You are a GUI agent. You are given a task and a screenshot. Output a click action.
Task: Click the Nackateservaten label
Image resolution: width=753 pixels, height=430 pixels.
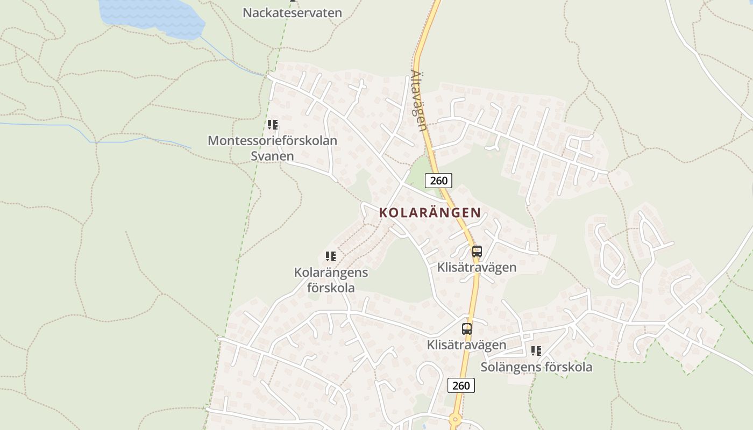(x=292, y=12)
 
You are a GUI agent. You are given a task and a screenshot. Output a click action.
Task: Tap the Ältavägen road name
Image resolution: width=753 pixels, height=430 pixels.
(x=419, y=101)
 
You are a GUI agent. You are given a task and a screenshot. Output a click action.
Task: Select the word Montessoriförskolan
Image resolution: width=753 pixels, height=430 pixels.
(x=272, y=141)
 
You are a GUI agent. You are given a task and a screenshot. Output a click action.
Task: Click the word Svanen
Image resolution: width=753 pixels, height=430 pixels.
(x=272, y=156)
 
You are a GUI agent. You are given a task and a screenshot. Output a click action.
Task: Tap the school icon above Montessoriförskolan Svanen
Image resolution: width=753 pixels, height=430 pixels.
(x=273, y=125)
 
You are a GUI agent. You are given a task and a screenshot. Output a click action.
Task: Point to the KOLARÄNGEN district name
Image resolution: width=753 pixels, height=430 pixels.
(x=430, y=212)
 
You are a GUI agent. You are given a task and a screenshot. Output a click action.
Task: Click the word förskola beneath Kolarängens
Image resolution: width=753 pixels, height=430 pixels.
(x=331, y=288)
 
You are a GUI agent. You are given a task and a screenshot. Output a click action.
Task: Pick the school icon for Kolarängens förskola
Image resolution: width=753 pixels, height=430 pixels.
(x=331, y=256)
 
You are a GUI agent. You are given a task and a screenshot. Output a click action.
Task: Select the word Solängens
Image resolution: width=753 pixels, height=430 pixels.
(x=510, y=367)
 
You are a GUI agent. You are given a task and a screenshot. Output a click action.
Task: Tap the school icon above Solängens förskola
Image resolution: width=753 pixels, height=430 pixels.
(x=536, y=351)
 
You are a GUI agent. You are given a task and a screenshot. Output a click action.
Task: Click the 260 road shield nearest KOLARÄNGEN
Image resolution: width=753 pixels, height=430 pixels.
(x=438, y=181)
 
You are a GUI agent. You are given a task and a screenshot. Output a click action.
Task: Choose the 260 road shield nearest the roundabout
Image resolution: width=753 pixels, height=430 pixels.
(x=461, y=385)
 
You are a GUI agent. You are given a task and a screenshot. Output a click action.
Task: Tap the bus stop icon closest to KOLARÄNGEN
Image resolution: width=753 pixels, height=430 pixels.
(x=477, y=252)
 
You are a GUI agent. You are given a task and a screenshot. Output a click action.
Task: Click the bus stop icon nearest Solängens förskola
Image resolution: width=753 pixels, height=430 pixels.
(x=467, y=329)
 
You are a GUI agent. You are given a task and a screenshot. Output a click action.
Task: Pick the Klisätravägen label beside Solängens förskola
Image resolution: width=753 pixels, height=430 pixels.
(x=466, y=345)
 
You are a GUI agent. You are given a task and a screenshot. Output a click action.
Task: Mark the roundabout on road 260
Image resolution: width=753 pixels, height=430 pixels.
(x=456, y=419)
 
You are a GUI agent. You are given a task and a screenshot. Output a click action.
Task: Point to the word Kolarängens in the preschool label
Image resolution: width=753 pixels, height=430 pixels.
(x=331, y=273)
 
